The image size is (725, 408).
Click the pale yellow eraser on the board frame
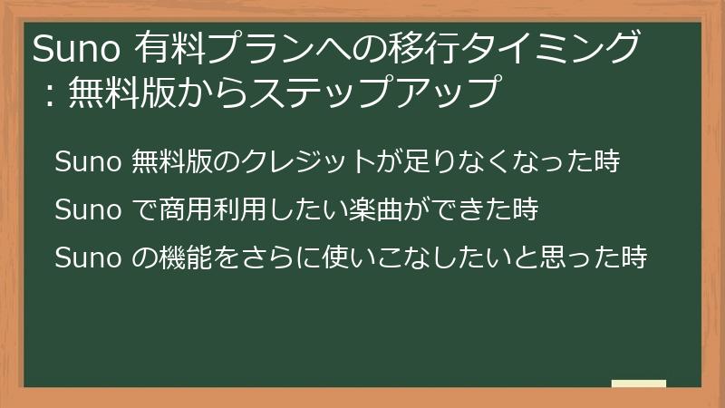click(x=639, y=384)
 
